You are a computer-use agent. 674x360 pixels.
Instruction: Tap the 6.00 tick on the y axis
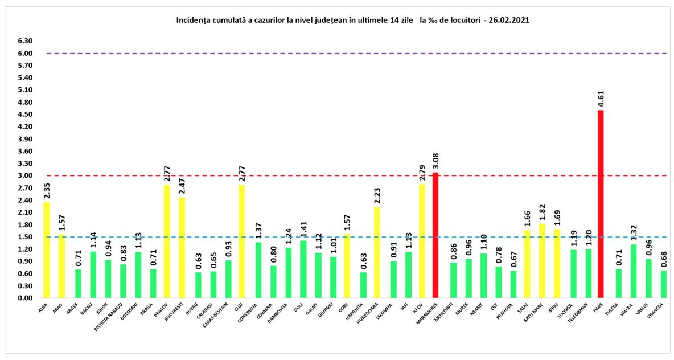[24, 54]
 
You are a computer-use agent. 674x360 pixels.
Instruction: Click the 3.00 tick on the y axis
[24, 175]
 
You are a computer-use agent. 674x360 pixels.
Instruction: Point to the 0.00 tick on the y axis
[24, 298]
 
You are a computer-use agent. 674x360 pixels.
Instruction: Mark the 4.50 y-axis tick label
[24, 114]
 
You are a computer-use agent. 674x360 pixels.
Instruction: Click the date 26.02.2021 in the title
[510, 19]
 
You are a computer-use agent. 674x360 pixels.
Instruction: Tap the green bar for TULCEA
[619, 283]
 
